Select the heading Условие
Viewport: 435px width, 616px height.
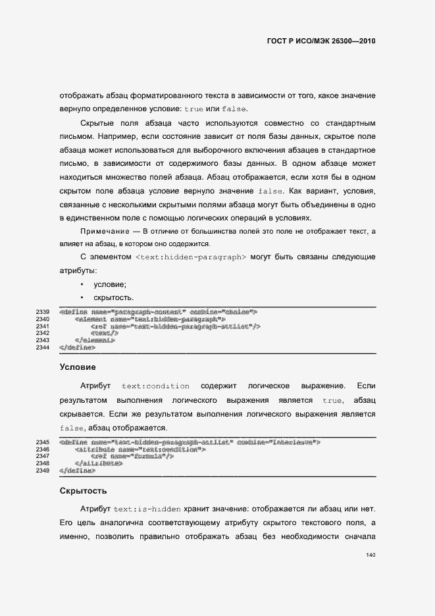coord(78,367)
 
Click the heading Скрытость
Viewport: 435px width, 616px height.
coord(83,490)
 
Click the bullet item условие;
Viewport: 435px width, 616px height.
coord(110,284)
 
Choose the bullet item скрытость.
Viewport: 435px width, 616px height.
coord(114,298)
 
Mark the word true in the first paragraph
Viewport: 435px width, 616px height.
coord(194,109)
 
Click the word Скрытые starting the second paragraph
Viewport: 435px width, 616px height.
coord(100,123)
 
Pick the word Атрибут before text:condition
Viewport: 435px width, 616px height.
coord(96,386)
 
